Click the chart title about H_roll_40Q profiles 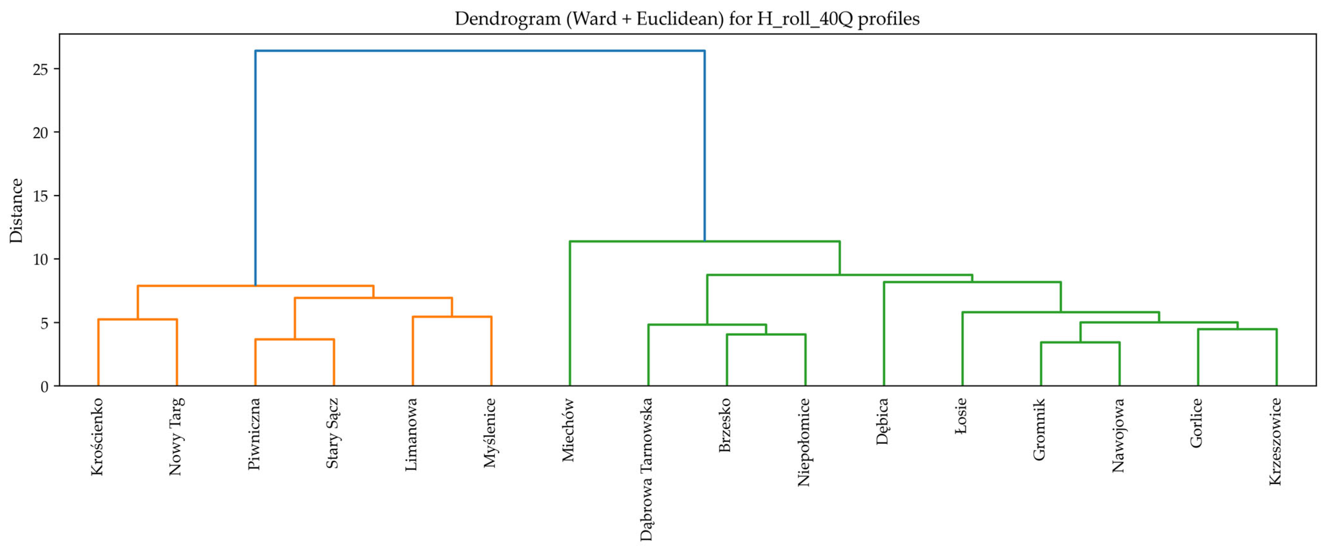(x=687, y=19)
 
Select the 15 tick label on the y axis (x=40, y=196)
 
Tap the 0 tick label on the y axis (x=44, y=387)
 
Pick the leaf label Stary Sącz (x=333, y=433)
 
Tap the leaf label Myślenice (x=490, y=433)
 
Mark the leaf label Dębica (x=883, y=421)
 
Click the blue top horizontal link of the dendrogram (x=480, y=51)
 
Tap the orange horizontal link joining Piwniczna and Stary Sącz (x=295, y=339)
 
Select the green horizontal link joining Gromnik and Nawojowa (x=1080, y=342)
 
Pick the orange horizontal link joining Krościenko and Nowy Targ (x=138, y=320)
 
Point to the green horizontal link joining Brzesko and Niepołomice (x=766, y=335)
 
